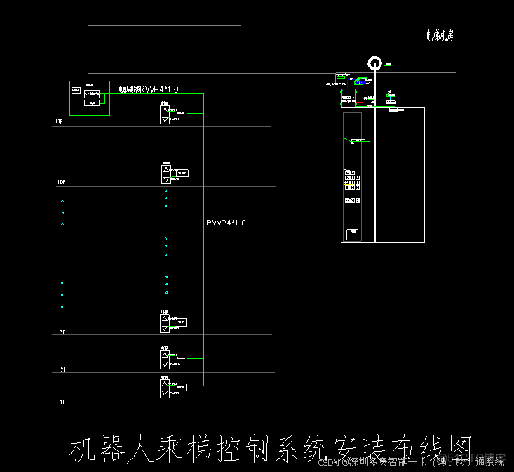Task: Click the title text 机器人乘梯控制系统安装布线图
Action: coord(270,447)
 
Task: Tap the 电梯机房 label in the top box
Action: coord(440,36)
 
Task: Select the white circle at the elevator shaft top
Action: coord(375,64)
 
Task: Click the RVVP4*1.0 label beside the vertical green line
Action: coord(226,223)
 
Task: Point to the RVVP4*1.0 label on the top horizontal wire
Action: coord(159,89)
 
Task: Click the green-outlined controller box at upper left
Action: coord(90,98)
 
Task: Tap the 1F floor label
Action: coord(62,402)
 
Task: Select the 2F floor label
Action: coord(62,369)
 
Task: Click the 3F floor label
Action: coord(62,332)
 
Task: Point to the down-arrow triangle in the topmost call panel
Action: coord(165,120)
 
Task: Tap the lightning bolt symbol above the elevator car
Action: coord(391,91)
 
